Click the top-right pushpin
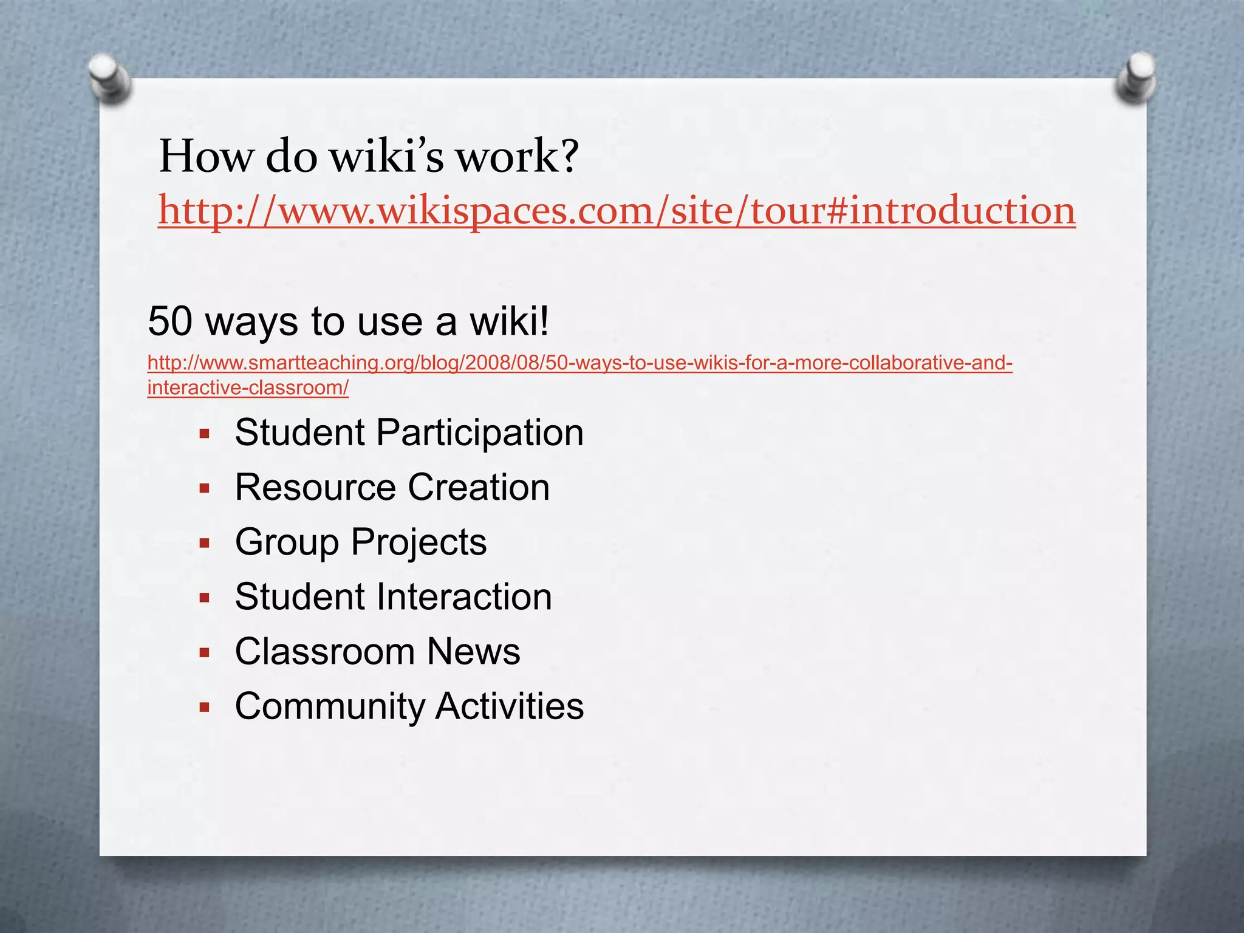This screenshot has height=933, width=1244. (1136, 78)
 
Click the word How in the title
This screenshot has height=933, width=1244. (206, 157)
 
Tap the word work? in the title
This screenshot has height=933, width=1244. (517, 157)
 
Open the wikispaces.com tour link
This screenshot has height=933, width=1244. (616, 210)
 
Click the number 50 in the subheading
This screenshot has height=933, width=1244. (170, 321)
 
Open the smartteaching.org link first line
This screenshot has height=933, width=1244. (579, 363)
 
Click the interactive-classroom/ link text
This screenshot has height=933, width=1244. (248, 388)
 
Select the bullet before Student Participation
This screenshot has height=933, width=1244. (205, 434)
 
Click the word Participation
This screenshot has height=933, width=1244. (479, 433)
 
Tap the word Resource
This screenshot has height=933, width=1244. (315, 488)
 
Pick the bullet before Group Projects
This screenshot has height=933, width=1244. (205, 543)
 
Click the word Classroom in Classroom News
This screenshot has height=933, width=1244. (324, 652)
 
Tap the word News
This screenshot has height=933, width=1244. (473, 652)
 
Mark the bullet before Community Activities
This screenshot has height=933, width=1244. (205, 707)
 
